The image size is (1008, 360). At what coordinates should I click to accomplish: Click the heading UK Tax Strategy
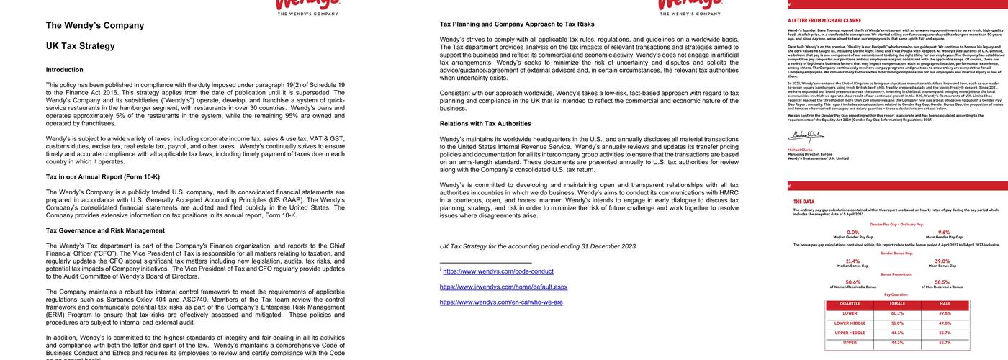(80, 46)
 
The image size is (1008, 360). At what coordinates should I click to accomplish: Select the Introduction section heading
(64, 70)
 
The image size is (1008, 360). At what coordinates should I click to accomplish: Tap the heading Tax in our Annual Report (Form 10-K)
(103, 176)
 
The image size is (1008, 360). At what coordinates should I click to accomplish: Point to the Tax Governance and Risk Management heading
(105, 230)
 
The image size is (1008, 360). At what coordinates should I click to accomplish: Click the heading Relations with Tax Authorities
(485, 123)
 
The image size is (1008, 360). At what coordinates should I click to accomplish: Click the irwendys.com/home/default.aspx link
(503, 287)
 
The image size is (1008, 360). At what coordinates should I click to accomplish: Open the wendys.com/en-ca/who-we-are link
(501, 302)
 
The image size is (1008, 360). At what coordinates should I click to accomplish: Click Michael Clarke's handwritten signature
(805, 135)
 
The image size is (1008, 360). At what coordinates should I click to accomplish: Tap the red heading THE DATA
(804, 202)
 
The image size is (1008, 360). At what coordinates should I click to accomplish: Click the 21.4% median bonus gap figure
(852, 261)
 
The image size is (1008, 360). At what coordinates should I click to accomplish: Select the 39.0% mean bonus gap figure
(942, 261)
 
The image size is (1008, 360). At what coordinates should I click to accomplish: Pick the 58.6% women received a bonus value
(852, 282)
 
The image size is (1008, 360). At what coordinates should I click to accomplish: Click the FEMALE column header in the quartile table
(897, 304)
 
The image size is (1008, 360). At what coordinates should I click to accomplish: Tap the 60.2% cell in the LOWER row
(897, 313)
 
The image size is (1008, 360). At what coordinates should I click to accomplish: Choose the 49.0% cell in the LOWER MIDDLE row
(945, 323)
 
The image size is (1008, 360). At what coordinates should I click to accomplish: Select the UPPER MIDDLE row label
(850, 333)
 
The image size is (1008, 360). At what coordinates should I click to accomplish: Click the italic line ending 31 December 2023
(537, 246)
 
